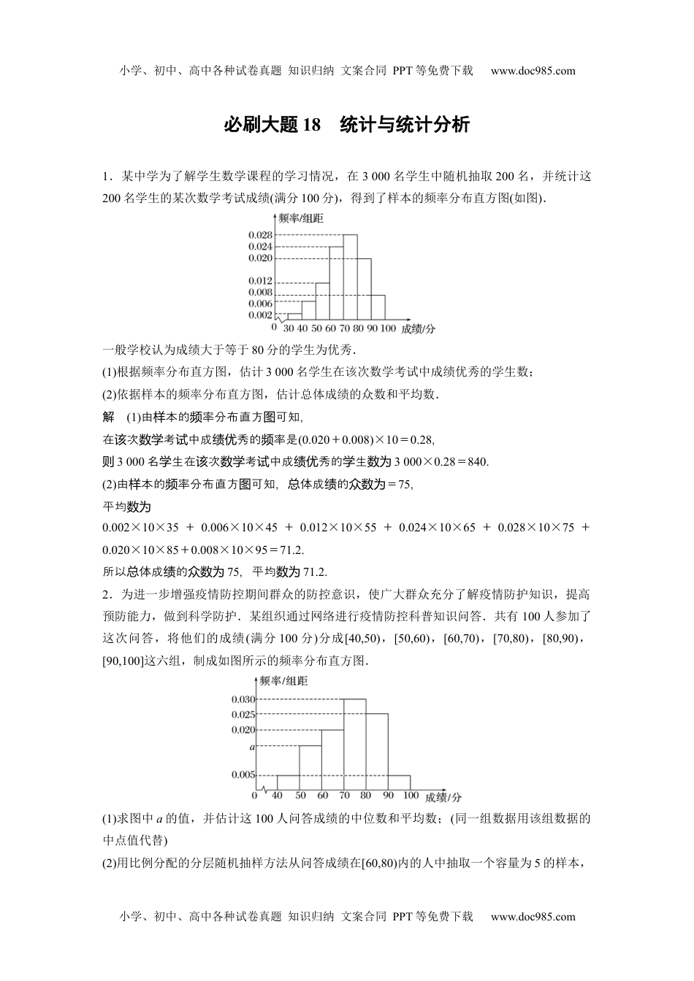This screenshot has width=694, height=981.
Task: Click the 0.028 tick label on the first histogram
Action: (x=260, y=235)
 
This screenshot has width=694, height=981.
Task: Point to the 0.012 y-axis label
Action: (x=260, y=281)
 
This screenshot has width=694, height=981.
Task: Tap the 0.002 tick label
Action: (x=260, y=315)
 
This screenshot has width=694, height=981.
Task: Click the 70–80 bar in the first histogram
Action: (x=350, y=277)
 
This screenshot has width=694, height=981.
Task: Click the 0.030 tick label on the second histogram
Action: (x=243, y=699)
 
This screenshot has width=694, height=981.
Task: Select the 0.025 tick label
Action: (x=243, y=715)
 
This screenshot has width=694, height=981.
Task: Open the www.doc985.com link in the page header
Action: (x=533, y=71)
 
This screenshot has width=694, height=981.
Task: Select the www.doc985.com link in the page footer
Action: (x=533, y=917)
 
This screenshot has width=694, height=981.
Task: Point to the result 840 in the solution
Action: (x=477, y=461)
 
